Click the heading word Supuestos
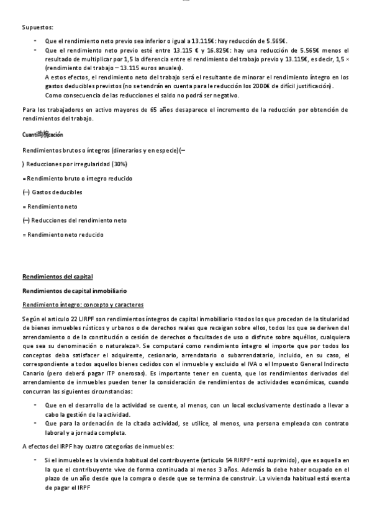click(37, 27)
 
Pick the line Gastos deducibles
click(58, 192)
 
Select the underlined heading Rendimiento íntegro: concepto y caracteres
click(83, 304)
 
